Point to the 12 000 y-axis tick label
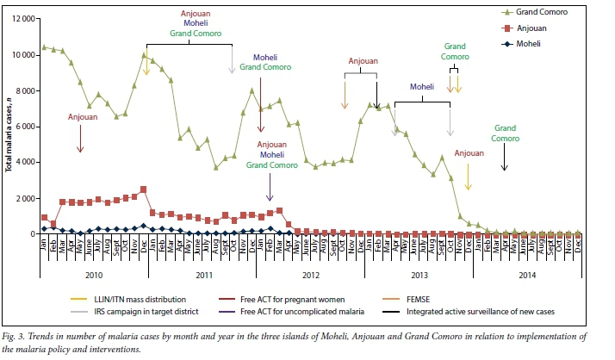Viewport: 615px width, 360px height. click(22, 19)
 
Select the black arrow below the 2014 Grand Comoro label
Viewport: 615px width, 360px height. click(505, 158)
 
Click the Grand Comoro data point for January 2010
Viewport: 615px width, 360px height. click(44, 47)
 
